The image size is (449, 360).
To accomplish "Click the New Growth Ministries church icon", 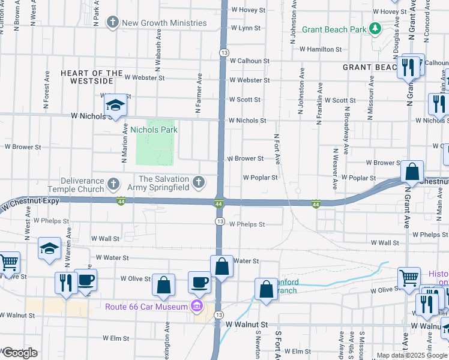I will click(112, 23).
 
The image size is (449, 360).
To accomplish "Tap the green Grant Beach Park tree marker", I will click(375, 29).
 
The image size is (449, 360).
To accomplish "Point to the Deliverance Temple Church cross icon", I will click(113, 182).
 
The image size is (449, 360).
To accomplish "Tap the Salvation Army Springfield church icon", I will click(198, 182).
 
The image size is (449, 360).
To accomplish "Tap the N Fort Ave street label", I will click(277, 148).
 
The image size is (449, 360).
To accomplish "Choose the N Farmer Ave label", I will click(197, 94).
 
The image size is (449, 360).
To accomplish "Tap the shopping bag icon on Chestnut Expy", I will click(412, 172).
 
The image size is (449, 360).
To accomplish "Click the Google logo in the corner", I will click(19, 353).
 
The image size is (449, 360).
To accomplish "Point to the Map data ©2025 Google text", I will click(412, 355).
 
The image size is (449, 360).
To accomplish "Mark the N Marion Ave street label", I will click(125, 144).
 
